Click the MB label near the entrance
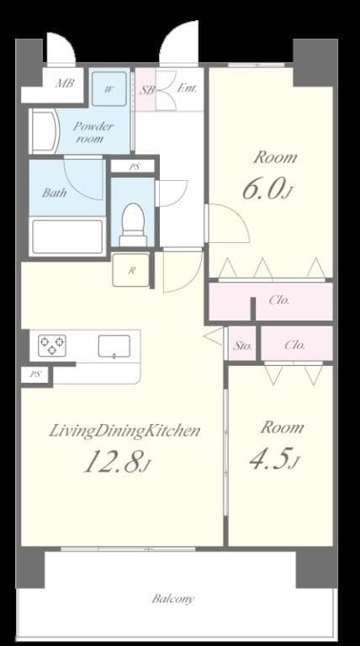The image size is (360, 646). (63, 83)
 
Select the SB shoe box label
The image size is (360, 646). (147, 88)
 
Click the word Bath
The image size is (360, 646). (56, 192)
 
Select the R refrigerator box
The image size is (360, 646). (131, 270)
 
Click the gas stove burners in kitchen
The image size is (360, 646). (52, 345)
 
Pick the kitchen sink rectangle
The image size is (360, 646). (114, 345)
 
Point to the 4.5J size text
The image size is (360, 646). (273, 459)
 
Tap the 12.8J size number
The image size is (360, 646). (116, 463)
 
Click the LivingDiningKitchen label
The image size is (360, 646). (124, 432)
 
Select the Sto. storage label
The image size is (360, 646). (243, 345)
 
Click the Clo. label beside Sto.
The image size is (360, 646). (294, 345)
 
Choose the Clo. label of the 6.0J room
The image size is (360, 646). (279, 300)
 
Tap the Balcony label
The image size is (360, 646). (174, 599)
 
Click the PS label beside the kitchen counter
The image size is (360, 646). (35, 374)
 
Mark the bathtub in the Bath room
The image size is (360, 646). (67, 236)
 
